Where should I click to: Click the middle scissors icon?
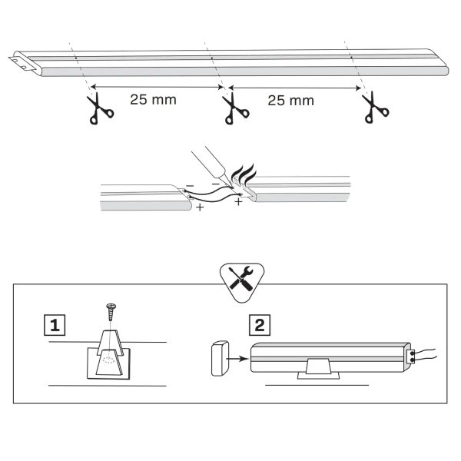[x=229, y=108]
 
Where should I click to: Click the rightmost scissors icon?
[x=373, y=107]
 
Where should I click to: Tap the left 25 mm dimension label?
[x=151, y=100]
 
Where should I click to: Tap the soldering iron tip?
[x=230, y=184]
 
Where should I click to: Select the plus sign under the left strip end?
[x=200, y=208]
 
